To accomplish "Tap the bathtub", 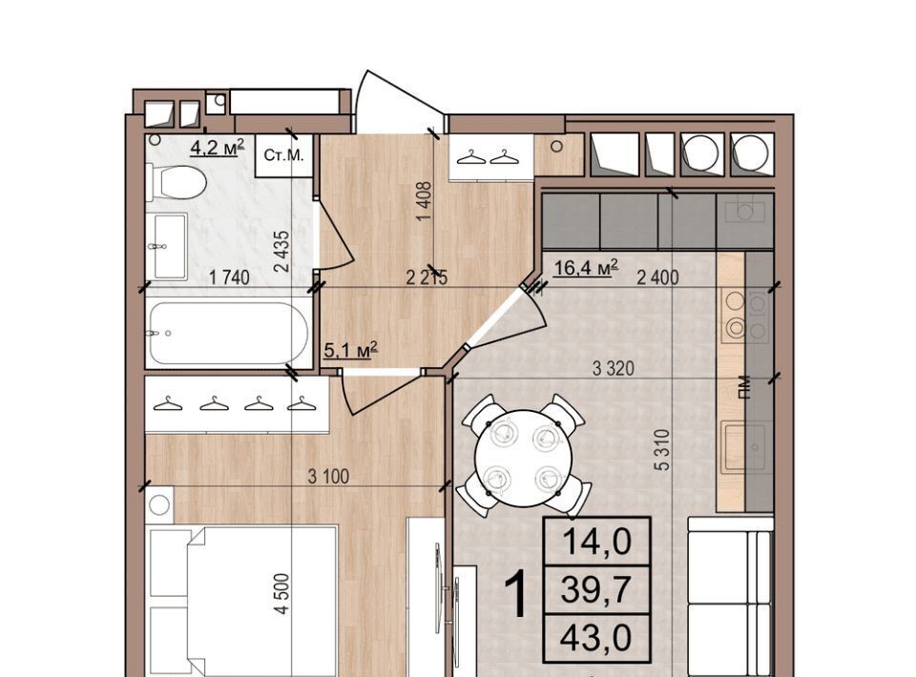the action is click(228, 333).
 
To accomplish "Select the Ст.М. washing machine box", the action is click(284, 155).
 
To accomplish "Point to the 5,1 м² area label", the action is click(350, 350).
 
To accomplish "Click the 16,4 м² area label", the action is click(586, 268).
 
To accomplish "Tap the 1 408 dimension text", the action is click(424, 201).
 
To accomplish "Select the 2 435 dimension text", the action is click(281, 251).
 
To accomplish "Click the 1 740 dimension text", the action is click(229, 277).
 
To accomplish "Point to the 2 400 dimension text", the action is click(657, 277).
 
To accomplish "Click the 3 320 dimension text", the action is click(613, 368).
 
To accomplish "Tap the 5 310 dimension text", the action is click(662, 449).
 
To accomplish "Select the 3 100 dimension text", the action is click(328, 476).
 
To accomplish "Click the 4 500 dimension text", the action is click(281, 593).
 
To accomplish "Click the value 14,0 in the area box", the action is click(596, 541).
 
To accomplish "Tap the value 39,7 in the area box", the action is click(596, 589).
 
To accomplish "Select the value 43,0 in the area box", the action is click(596, 637).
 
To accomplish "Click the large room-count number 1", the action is click(516, 594).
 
